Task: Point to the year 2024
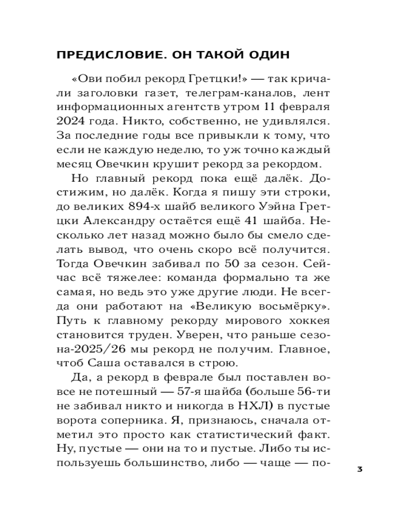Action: click(72, 122)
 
